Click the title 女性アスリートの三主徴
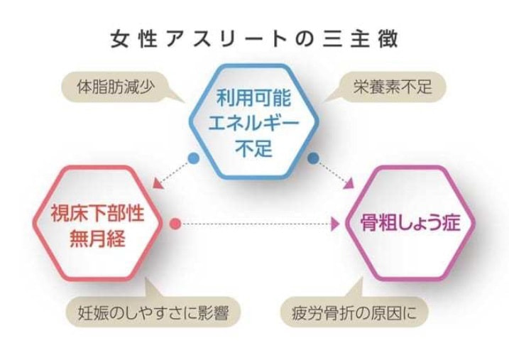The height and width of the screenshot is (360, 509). [x=254, y=40]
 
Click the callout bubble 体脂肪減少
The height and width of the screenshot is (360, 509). [x=115, y=87]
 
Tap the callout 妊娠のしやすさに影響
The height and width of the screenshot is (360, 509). [x=153, y=312]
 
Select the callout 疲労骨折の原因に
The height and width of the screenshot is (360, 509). [x=354, y=312]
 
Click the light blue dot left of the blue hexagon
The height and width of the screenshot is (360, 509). [x=194, y=158]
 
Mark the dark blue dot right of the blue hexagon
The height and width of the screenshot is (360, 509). [x=313, y=158]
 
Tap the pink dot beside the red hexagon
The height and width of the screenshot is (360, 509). [x=175, y=224]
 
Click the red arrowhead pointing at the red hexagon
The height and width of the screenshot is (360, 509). [x=157, y=184]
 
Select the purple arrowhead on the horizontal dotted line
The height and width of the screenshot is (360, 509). [x=334, y=224]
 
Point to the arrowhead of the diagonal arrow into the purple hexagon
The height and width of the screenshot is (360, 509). [x=349, y=184]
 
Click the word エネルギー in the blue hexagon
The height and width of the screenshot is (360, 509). [x=253, y=123]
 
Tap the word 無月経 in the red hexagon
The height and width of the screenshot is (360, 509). [x=97, y=239]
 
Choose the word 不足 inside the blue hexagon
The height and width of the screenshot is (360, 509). [x=253, y=148]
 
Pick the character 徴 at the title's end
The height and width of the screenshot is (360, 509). [x=388, y=40]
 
